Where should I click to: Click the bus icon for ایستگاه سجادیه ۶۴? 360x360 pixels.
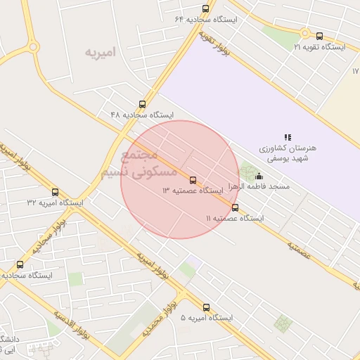(x=205, y=9)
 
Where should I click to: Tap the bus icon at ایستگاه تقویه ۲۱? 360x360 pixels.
(x=319, y=37)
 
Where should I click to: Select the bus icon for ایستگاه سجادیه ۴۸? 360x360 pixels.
(x=143, y=104)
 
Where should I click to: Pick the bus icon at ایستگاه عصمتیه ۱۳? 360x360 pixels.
(x=193, y=180)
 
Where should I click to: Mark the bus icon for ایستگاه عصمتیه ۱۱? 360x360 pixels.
(x=235, y=207)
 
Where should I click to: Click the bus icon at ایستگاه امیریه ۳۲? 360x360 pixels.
(x=56, y=192)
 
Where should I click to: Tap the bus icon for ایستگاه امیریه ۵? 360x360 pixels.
(x=206, y=307)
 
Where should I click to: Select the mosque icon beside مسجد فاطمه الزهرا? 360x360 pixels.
(x=259, y=176)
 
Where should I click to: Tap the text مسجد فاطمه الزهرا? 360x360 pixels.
(x=260, y=188)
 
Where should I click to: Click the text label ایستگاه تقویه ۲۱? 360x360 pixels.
(x=320, y=47)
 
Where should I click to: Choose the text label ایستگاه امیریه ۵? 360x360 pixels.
(x=207, y=319)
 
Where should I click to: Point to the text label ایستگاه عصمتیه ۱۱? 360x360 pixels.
(x=235, y=219)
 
